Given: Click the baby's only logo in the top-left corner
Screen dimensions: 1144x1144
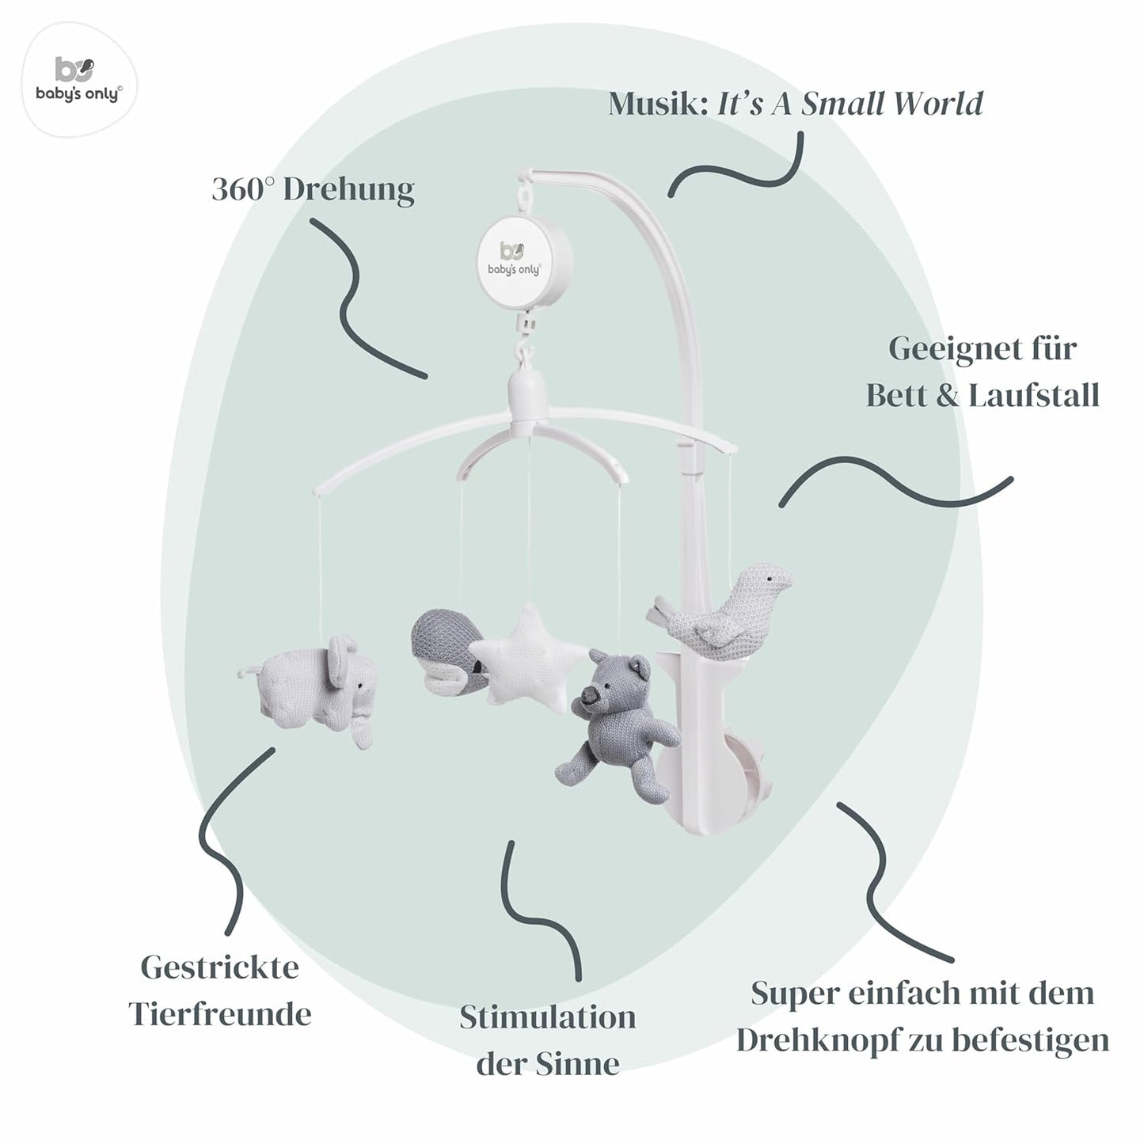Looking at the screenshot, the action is (79, 79).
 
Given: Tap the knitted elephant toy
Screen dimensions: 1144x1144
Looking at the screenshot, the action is (310, 688).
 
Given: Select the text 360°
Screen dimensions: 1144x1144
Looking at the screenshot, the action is (243, 189).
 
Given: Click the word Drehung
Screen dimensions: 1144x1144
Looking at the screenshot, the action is (349, 191).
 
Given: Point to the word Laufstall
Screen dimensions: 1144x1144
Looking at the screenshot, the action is (1034, 395).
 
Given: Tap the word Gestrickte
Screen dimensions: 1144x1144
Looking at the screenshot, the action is (219, 968).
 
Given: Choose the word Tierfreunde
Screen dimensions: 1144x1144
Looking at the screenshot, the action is (220, 1015).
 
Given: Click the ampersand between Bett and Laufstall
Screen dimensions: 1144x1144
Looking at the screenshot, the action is (948, 396).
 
